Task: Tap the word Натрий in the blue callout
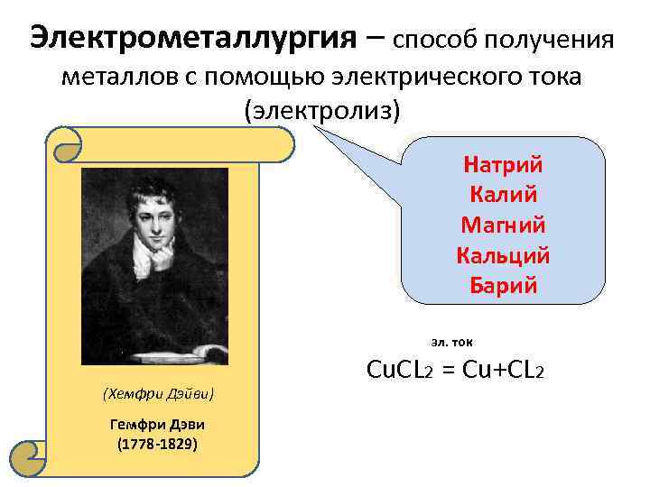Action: click(502, 165)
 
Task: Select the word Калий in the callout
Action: click(502, 195)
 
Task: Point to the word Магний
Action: click(502, 225)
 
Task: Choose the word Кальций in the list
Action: click(502, 256)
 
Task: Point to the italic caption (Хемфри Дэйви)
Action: click(158, 394)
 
